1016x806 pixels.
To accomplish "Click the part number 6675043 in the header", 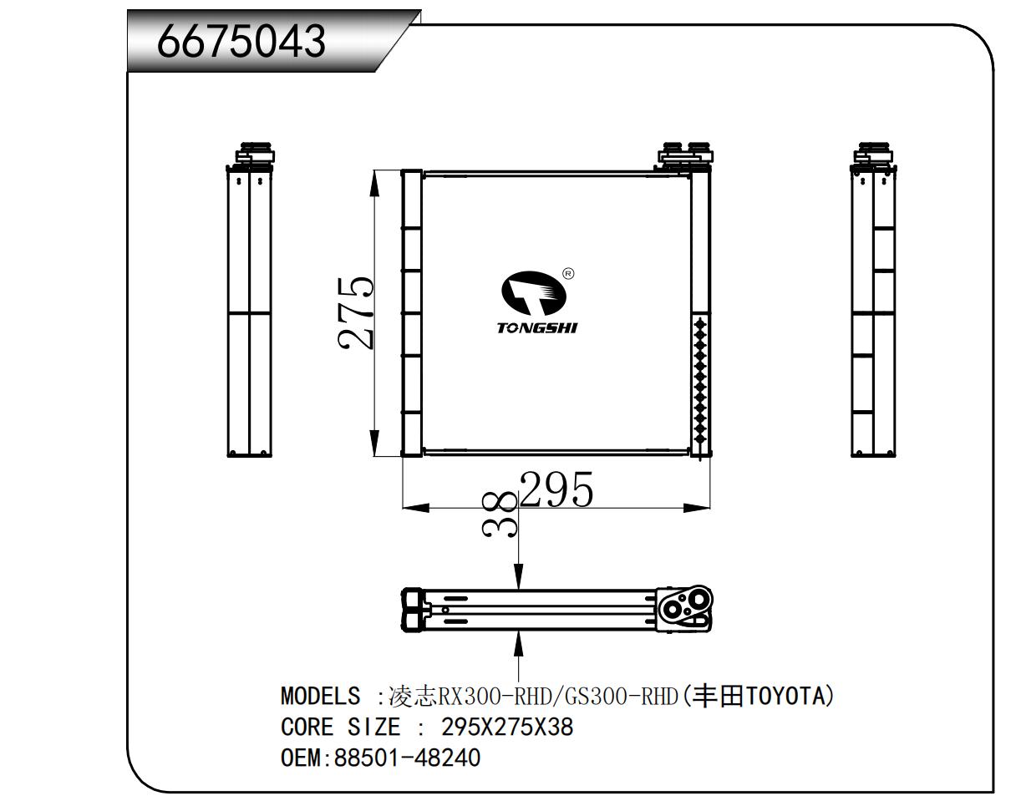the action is (241, 41).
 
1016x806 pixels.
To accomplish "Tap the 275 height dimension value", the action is (356, 313).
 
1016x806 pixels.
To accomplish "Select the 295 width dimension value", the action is (556, 489).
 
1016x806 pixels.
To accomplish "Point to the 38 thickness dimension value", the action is (499, 514).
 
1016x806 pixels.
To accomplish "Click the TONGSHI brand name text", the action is (536, 327).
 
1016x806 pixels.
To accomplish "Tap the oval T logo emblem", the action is (534, 293).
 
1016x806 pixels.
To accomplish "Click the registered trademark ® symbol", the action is (568, 274).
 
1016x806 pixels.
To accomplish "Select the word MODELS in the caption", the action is (321, 696).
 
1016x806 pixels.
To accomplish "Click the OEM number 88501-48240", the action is (407, 758).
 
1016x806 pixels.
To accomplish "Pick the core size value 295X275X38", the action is (507, 727).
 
